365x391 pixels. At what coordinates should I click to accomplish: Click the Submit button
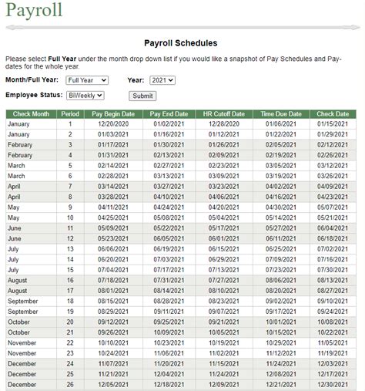pyautogui.click(x=142, y=96)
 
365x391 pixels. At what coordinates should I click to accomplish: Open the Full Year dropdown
pyautogui.click(x=86, y=80)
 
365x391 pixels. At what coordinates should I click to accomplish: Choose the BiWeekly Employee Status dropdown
pyautogui.click(x=86, y=95)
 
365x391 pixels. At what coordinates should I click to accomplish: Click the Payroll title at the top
pyautogui.click(x=34, y=12)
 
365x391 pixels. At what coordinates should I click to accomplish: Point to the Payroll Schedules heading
pyautogui.click(x=181, y=44)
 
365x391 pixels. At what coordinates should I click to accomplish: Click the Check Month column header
pyautogui.click(x=31, y=114)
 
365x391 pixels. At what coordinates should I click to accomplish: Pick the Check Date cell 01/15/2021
pyautogui.click(x=332, y=124)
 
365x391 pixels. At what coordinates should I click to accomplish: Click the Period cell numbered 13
pyautogui.click(x=69, y=249)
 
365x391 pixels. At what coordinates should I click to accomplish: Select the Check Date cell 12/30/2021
pyautogui.click(x=332, y=384)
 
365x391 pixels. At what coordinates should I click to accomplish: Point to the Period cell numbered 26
pyautogui.click(x=69, y=384)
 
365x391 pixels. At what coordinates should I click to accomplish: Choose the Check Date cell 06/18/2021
pyautogui.click(x=332, y=238)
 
